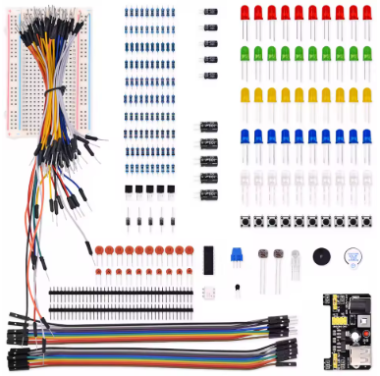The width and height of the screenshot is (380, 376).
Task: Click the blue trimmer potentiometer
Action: (x=235, y=255)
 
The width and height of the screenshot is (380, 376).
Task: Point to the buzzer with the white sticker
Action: (x=351, y=258)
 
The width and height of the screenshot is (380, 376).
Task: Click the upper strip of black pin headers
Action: (x=118, y=292)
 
